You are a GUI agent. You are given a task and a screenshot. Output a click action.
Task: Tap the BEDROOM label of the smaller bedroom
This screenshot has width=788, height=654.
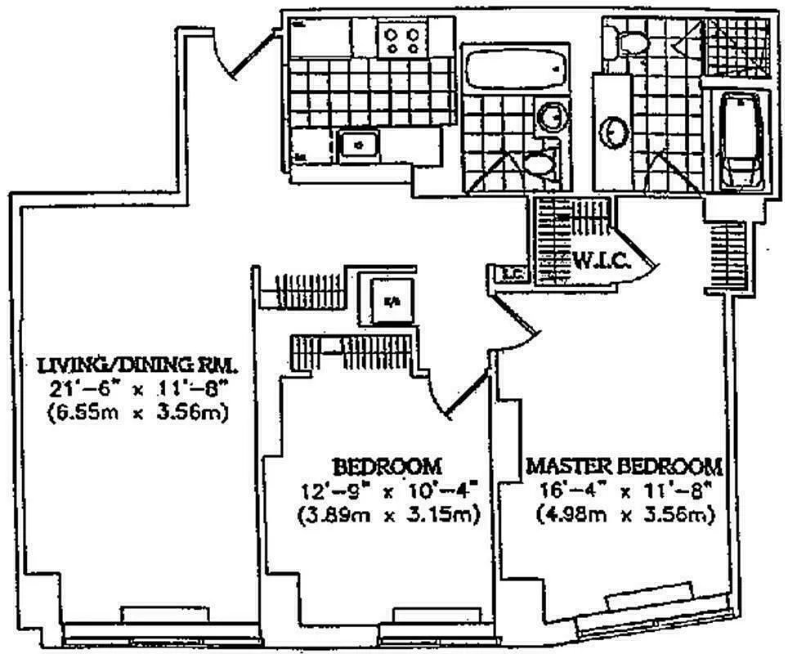coord(387,467)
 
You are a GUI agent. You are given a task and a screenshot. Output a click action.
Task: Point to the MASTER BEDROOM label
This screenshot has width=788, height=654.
coord(625,467)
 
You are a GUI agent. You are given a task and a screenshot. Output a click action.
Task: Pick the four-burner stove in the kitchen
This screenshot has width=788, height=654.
coord(403,40)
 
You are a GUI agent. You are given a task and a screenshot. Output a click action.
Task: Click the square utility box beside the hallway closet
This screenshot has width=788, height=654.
coord(392,299)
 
